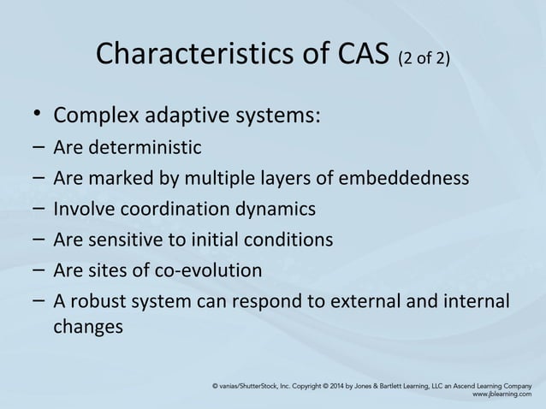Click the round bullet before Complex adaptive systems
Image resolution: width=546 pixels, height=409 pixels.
34,116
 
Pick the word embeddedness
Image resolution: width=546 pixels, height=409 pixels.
412,179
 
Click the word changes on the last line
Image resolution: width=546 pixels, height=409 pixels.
88,326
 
